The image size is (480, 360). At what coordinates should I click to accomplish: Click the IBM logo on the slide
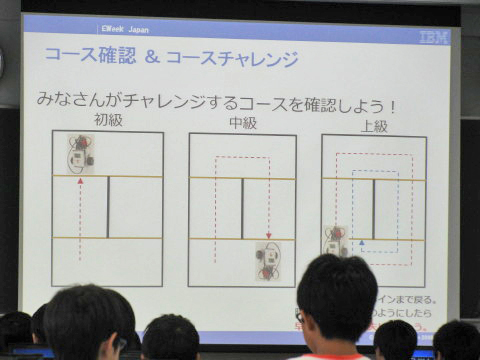434,37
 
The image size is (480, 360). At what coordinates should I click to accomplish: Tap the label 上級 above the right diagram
374,126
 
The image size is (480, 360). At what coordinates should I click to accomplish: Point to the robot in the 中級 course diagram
268,261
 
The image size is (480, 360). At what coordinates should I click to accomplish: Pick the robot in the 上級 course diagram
336,241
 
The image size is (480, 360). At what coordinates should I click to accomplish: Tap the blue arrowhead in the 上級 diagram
362,242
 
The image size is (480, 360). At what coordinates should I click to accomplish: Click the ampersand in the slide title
153,59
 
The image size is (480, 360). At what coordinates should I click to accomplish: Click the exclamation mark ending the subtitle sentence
393,104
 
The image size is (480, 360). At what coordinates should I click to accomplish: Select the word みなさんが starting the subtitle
76,101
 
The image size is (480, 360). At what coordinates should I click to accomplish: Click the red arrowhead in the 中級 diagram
268,236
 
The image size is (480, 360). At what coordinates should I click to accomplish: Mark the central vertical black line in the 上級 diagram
373,209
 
